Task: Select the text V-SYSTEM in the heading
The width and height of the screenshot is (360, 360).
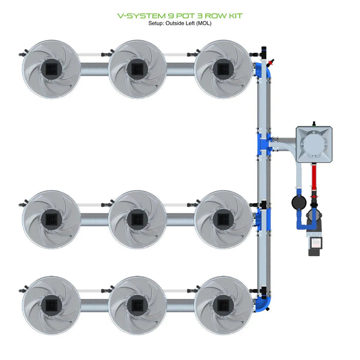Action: tap(138, 15)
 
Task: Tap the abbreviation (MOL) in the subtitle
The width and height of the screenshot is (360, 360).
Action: tap(202, 24)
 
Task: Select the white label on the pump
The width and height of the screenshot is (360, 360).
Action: tap(315, 240)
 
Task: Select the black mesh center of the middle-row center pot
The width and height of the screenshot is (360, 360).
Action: tap(137, 220)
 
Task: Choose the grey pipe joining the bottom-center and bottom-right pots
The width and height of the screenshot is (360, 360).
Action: tap(180, 305)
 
